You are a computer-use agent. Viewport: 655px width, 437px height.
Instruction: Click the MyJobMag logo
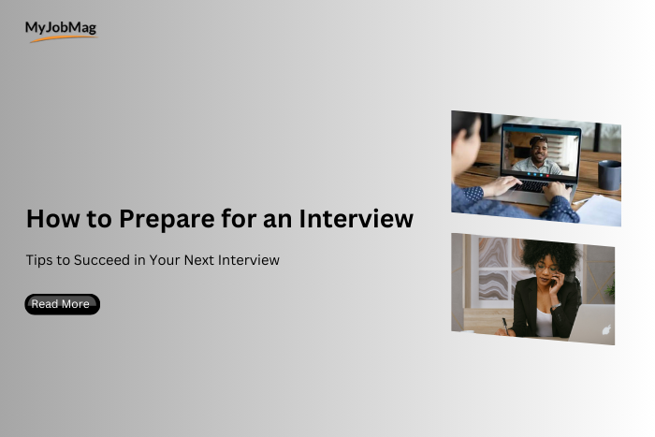(61, 30)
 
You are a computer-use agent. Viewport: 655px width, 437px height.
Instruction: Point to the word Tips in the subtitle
(39, 260)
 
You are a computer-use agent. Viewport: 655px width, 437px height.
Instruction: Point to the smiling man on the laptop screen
(540, 153)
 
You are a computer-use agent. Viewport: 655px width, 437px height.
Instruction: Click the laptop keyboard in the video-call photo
(531, 185)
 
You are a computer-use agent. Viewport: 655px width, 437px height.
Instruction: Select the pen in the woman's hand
(505, 325)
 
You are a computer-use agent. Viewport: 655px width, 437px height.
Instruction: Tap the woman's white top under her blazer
(544, 320)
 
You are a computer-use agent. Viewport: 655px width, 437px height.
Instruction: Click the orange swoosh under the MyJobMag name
(64, 38)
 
